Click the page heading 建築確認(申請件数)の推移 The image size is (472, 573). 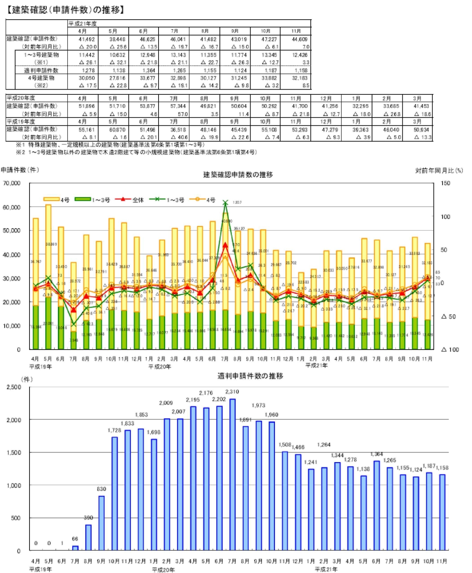point(65,9)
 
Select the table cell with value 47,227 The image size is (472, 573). point(269,39)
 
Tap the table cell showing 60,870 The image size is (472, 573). point(118,129)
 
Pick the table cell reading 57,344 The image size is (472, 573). point(178,106)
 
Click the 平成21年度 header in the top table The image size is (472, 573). point(83,24)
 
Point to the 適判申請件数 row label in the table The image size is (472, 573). point(41,70)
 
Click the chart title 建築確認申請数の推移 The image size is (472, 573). point(238,175)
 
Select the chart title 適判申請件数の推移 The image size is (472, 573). point(250,376)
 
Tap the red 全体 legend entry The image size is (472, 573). point(129,200)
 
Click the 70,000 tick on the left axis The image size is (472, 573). point(12,183)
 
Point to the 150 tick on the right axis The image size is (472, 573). point(445,183)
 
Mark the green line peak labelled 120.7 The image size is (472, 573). point(225,203)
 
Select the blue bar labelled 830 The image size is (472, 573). point(101,523)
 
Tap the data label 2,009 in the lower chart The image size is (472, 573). point(166,403)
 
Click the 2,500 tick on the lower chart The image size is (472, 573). point(14,387)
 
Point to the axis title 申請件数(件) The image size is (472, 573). point(20,170)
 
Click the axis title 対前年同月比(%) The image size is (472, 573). point(439,170)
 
